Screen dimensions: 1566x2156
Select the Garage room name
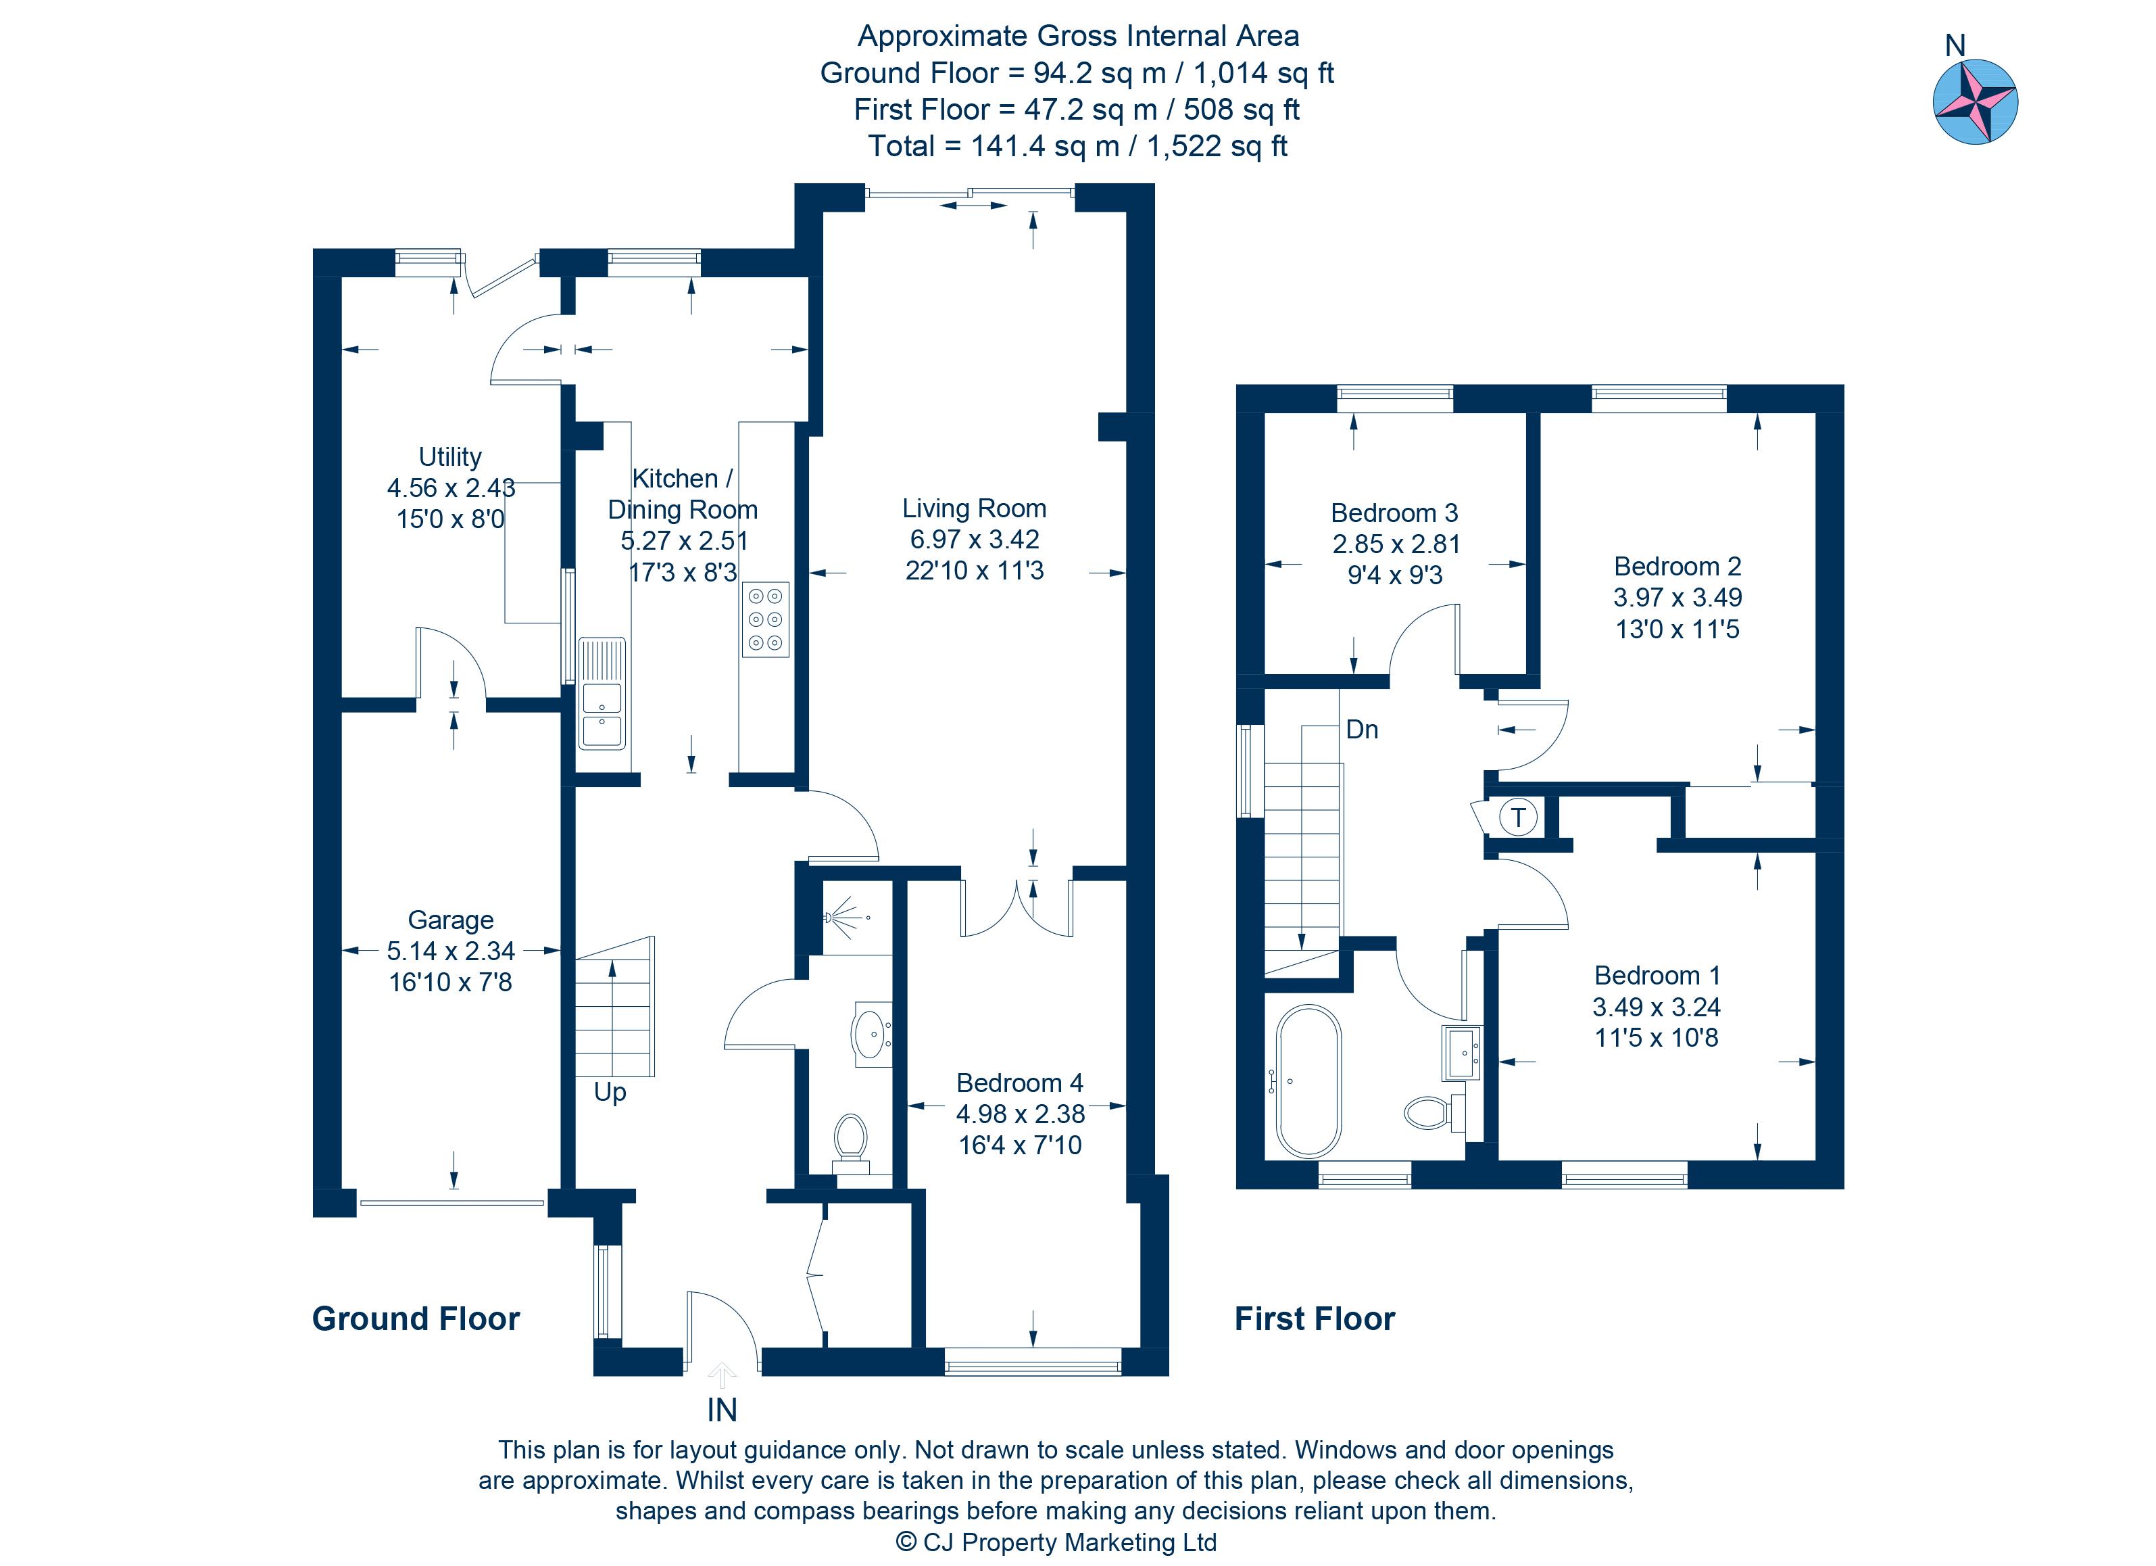[x=451, y=920]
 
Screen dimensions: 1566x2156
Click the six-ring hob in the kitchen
[x=765, y=619]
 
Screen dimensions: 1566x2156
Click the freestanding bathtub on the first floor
[x=1308, y=1081]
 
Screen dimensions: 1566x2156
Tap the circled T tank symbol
[x=1518, y=817]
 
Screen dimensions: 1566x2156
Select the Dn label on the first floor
[x=1361, y=730]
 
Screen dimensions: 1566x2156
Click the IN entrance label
[x=722, y=1410]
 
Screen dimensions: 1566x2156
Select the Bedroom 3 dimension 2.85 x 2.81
[x=1394, y=544]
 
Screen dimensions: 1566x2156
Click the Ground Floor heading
[x=416, y=1319]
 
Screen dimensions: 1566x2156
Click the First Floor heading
[x=1314, y=1319]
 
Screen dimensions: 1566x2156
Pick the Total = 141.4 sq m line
[x=1077, y=147]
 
